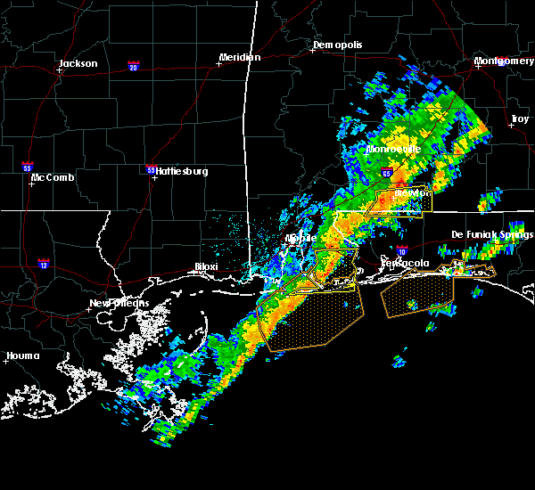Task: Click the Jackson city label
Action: (x=78, y=63)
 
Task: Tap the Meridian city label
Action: (x=239, y=58)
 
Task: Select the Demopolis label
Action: (x=338, y=45)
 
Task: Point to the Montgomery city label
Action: (x=504, y=61)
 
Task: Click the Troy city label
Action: (x=519, y=119)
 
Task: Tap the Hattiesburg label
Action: (x=182, y=171)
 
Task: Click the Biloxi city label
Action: (x=208, y=266)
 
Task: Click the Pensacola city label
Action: (x=406, y=264)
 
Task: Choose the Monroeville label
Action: (x=393, y=150)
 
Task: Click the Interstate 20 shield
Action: (x=133, y=67)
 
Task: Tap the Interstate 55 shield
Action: (x=28, y=167)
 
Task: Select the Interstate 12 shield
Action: (x=44, y=264)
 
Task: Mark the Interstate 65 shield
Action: (x=385, y=174)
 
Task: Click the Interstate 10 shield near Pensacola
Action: (x=403, y=251)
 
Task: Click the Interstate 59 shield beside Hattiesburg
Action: (x=151, y=168)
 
